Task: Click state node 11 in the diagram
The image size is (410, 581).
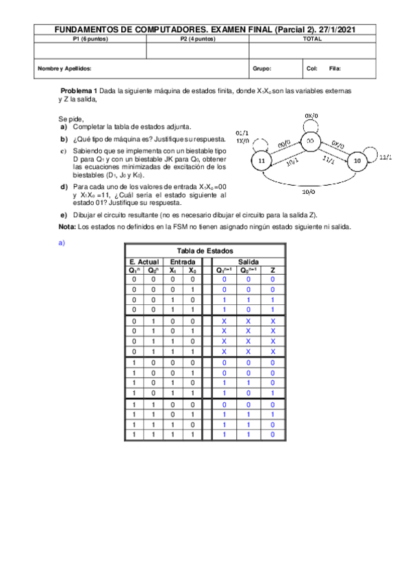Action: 261,160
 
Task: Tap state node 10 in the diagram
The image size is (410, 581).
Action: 357,160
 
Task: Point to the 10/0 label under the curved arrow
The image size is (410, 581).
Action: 309,193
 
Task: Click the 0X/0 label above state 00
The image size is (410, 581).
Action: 311,115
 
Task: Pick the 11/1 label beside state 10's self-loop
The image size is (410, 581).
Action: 385,157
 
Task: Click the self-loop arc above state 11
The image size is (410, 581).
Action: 259,142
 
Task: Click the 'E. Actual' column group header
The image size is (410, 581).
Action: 144,262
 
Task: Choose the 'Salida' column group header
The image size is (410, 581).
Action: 248,262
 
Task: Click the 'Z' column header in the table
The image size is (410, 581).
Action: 272,270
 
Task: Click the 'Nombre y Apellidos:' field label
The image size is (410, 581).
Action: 64,69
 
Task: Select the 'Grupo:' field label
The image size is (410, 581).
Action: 262,69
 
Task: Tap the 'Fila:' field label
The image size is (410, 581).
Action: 335,69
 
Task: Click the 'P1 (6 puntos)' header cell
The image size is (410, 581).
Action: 90,39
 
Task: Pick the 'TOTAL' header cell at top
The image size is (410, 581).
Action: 311,39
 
